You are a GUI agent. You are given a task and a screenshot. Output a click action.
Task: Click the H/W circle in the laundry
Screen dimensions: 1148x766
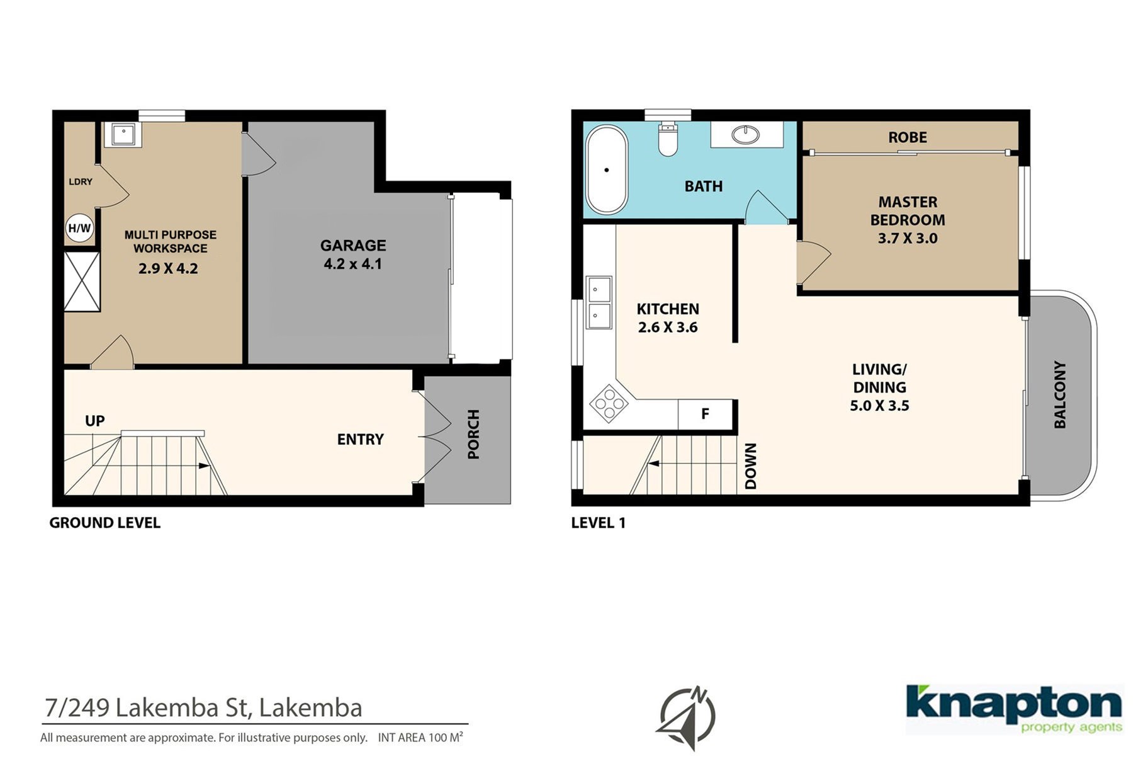(x=80, y=228)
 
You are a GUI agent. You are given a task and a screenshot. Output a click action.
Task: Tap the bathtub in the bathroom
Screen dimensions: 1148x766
(x=607, y=170)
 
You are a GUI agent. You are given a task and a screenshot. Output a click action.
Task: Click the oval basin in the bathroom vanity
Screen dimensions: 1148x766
(x=746, y=134)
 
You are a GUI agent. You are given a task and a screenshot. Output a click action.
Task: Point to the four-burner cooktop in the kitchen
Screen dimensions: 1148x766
(x=609, y=403)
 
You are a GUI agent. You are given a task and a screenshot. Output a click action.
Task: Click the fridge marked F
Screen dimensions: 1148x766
(x=705, y=414)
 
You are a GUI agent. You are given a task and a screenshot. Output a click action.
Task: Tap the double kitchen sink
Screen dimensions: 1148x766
(x=599, y=302)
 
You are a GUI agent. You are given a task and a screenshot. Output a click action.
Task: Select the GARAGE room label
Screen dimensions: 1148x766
(x=353, y=246)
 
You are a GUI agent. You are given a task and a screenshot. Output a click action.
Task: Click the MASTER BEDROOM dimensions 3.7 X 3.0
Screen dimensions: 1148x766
(x=908, y=238)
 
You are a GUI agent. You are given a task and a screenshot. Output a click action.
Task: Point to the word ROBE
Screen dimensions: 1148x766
(x=908, y=137)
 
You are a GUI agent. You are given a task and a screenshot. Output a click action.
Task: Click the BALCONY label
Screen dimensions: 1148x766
(x=1060, y=394)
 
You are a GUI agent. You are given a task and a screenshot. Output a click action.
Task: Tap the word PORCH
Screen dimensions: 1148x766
(x=473, y=434)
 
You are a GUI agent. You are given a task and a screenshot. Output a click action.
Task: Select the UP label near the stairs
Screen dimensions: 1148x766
(x=95, y=421)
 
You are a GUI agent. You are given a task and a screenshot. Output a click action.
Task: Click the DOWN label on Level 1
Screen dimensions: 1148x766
(x=751, y=466)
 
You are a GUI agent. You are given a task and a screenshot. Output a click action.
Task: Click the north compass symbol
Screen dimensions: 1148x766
(x=687, y=717)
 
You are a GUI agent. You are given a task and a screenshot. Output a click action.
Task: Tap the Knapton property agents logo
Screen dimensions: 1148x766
(x=1014, y=709)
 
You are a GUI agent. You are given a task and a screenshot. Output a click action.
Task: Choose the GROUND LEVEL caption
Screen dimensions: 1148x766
(x=105, y=523)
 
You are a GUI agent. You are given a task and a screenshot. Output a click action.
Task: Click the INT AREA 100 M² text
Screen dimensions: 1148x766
(x=420, y=737)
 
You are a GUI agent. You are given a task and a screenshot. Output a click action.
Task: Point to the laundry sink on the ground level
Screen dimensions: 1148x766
(x=123, y=134)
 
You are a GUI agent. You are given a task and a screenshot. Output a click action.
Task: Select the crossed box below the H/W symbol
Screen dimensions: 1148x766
(x=82, y=282)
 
